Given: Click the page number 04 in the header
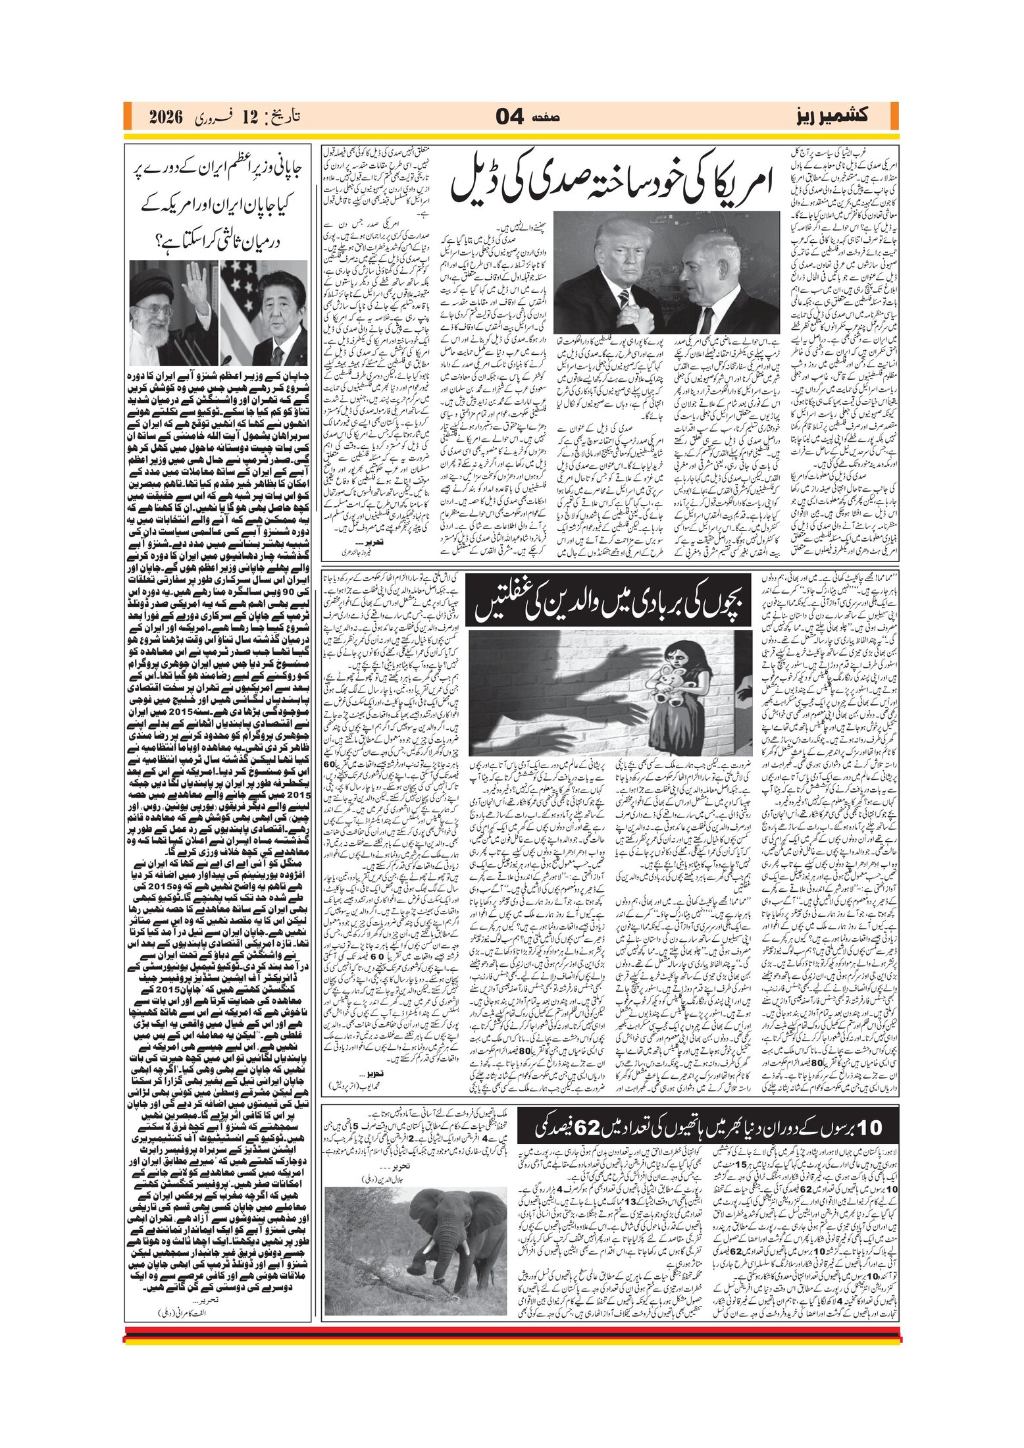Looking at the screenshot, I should [509, 117].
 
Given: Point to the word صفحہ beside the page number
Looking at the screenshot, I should [546, 118].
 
